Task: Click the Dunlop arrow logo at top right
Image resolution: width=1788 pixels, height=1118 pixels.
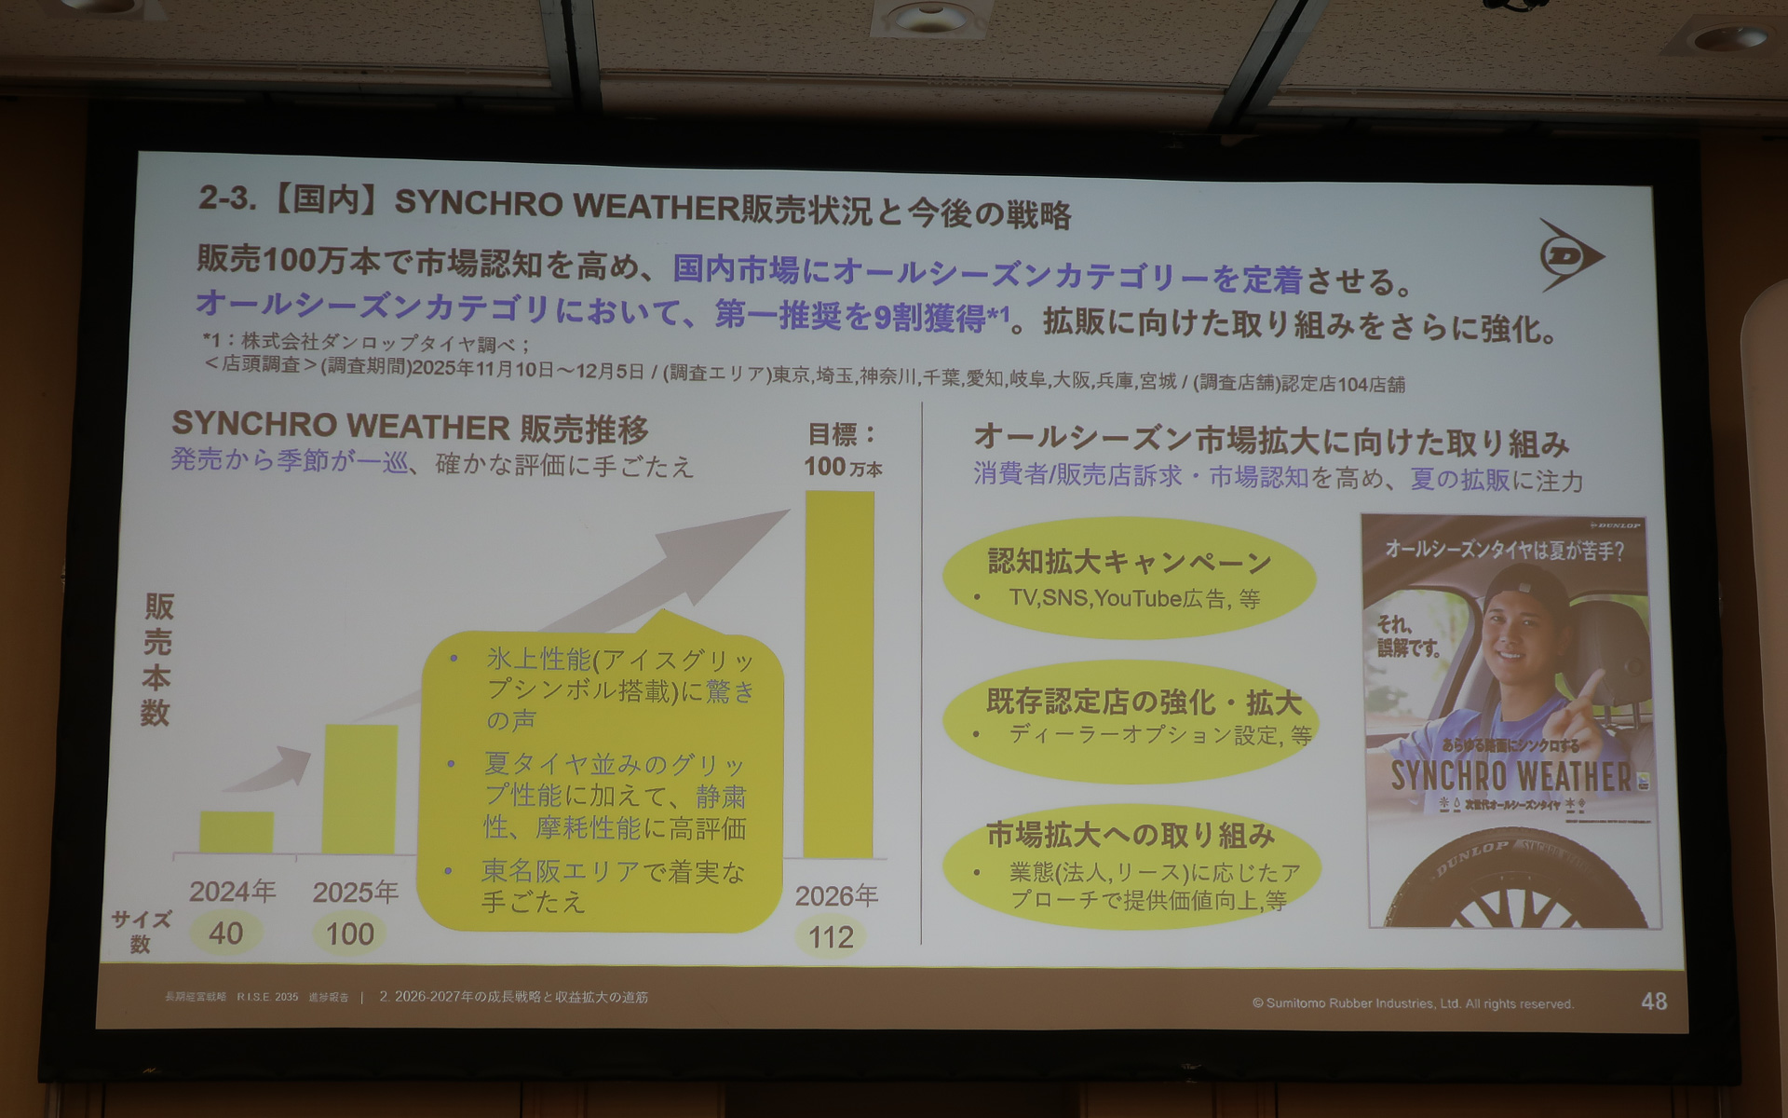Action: (1569, 255)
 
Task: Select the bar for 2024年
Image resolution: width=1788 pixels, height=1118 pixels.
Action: (237, 831)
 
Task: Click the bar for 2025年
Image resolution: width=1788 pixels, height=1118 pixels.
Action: (359, 788)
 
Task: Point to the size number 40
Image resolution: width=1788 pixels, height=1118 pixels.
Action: (226, 933)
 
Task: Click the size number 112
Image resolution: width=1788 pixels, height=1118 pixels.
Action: (831, 936)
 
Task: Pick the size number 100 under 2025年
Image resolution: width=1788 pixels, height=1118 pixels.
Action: (349, 934)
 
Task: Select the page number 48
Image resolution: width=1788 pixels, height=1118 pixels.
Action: (1654, 1002)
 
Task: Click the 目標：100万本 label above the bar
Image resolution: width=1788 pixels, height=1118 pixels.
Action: (843, 449)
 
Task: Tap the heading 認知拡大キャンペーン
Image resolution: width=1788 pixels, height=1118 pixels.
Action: (1129, 562)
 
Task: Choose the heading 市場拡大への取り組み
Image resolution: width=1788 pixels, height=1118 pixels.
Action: (1130, 835)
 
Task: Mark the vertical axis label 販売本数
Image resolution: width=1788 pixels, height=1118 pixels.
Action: (157, 660)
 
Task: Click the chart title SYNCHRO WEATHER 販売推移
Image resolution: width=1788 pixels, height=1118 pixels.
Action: (410, 427)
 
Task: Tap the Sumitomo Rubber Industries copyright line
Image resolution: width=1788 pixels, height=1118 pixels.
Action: (1412, 1003)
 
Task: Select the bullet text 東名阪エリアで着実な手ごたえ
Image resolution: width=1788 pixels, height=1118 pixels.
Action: (612, 885)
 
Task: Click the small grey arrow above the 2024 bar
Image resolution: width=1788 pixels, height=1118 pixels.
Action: (270, 770)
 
